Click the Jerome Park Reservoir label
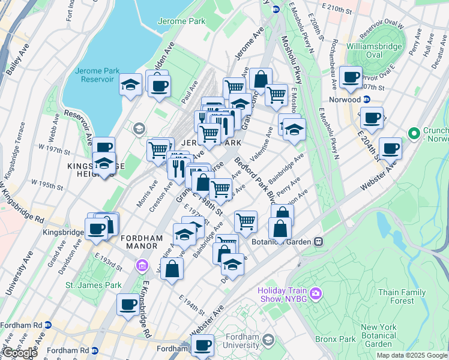point(94,75)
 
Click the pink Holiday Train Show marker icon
point(316,294)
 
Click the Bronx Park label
point(336,339)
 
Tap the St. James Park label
point(93,285)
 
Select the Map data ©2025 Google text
point(412,355)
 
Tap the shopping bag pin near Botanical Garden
point(280,229)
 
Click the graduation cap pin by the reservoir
point(130,85)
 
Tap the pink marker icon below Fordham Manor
point(142,265)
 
